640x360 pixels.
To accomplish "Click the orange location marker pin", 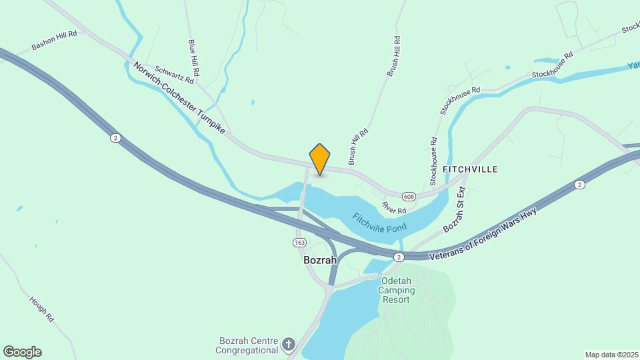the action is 320,159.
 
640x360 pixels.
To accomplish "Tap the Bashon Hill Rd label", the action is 55,40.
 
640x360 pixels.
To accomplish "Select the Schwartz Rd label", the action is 174,74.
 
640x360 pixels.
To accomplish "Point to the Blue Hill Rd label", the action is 194,57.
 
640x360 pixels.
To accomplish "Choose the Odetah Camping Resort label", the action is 397,290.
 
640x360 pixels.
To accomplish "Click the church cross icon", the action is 288,345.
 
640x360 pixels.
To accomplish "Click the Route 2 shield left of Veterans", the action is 399,257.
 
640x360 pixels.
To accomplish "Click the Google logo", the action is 22,352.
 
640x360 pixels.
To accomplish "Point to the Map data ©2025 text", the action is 611,355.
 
